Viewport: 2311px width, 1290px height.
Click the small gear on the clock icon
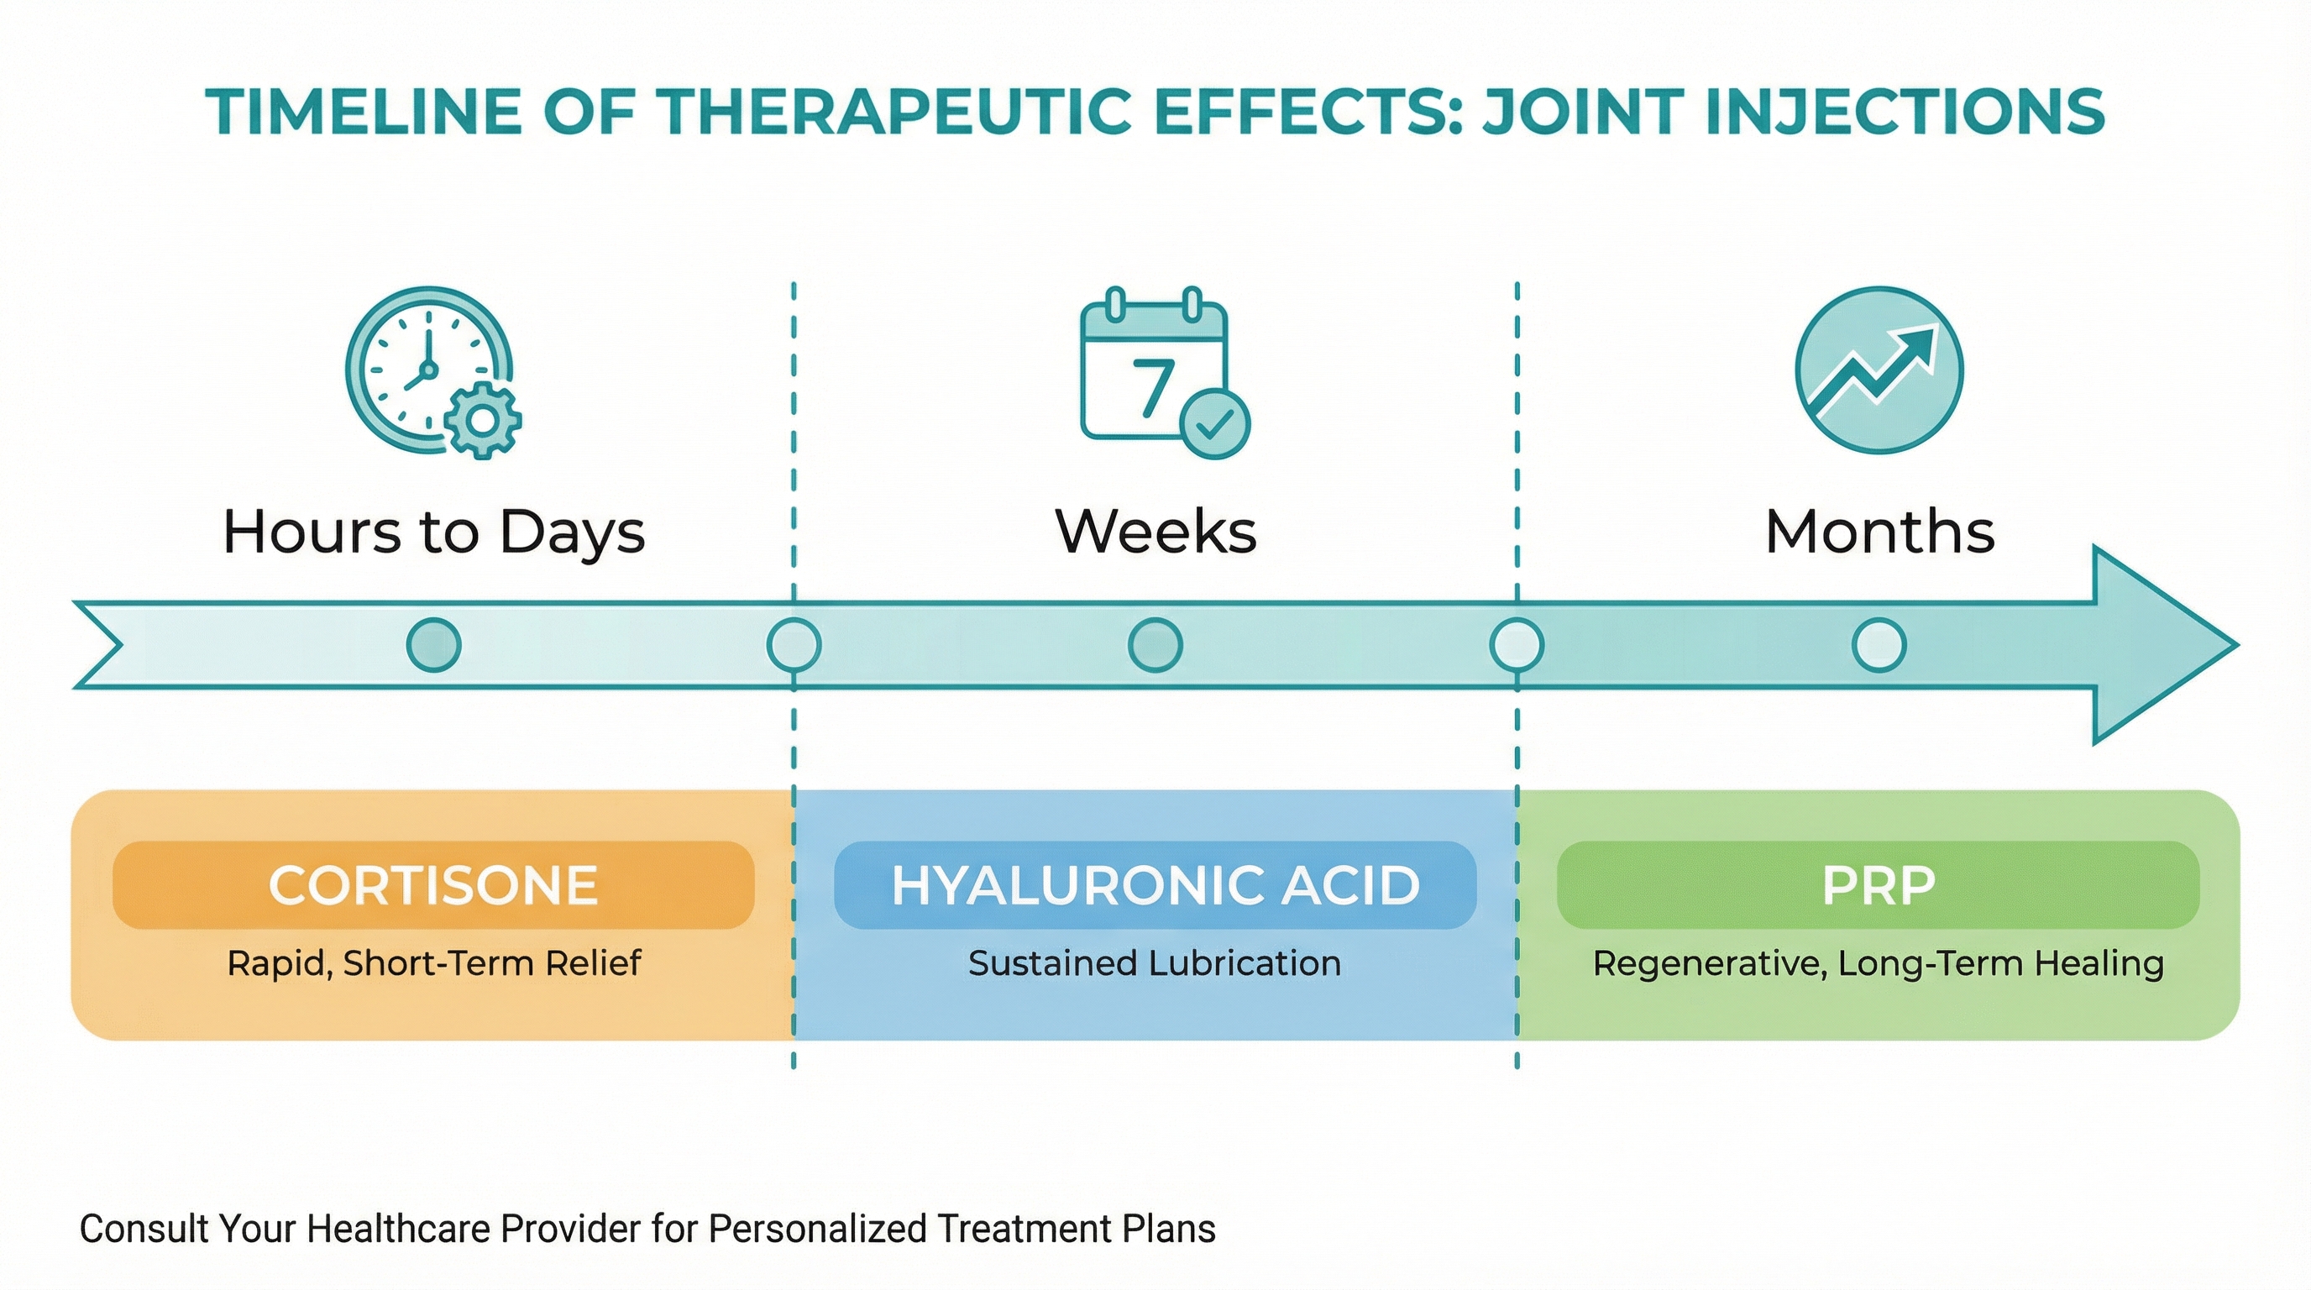[483, 421]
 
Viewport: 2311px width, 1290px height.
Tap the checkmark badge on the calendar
[1213, 424]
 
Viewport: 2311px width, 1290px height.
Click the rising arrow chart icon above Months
[1879, 370]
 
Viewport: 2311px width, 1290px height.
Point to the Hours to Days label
[434, 531]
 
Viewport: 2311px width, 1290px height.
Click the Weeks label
[1155, 531]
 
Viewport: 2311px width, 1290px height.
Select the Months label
[1879, 531]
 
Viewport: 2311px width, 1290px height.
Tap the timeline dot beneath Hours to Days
[433, 645]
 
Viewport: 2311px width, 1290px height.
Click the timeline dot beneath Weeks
[1155, 645]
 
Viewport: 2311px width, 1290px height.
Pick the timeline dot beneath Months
[1879, 645]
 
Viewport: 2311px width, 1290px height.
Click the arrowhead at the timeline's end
[2153, 645]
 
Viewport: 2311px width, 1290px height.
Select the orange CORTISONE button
[433, 884]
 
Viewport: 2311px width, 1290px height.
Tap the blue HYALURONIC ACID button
[1155, 884]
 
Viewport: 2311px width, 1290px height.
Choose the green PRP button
[1878, 884]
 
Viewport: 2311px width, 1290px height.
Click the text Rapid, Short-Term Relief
[433, 963]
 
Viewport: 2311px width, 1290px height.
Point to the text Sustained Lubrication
[1155, 963]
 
